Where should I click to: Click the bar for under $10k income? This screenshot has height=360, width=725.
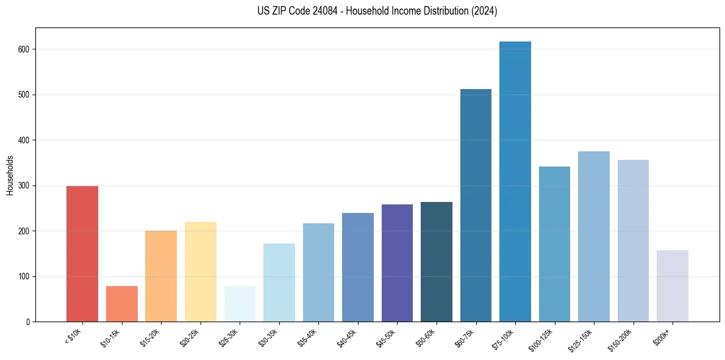pyautogui.click(x=82, y=254)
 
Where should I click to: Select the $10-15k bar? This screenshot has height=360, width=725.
pyautogui.click(x=122, y=304)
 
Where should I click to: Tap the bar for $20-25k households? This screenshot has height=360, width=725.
pyautogui.click(x=201, y=272)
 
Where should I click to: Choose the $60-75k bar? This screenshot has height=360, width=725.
pyautogui.click(x=476, y=206)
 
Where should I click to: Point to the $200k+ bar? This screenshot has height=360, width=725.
pyautogui.click(x=673, y=286)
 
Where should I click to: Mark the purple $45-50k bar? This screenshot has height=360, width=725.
pyautogui.click(x=397, y=263)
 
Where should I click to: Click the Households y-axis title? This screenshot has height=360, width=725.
pyautogui.click(x=10, y=175)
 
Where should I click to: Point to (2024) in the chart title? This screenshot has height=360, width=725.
pyautogui.click(x=485, y=11)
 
